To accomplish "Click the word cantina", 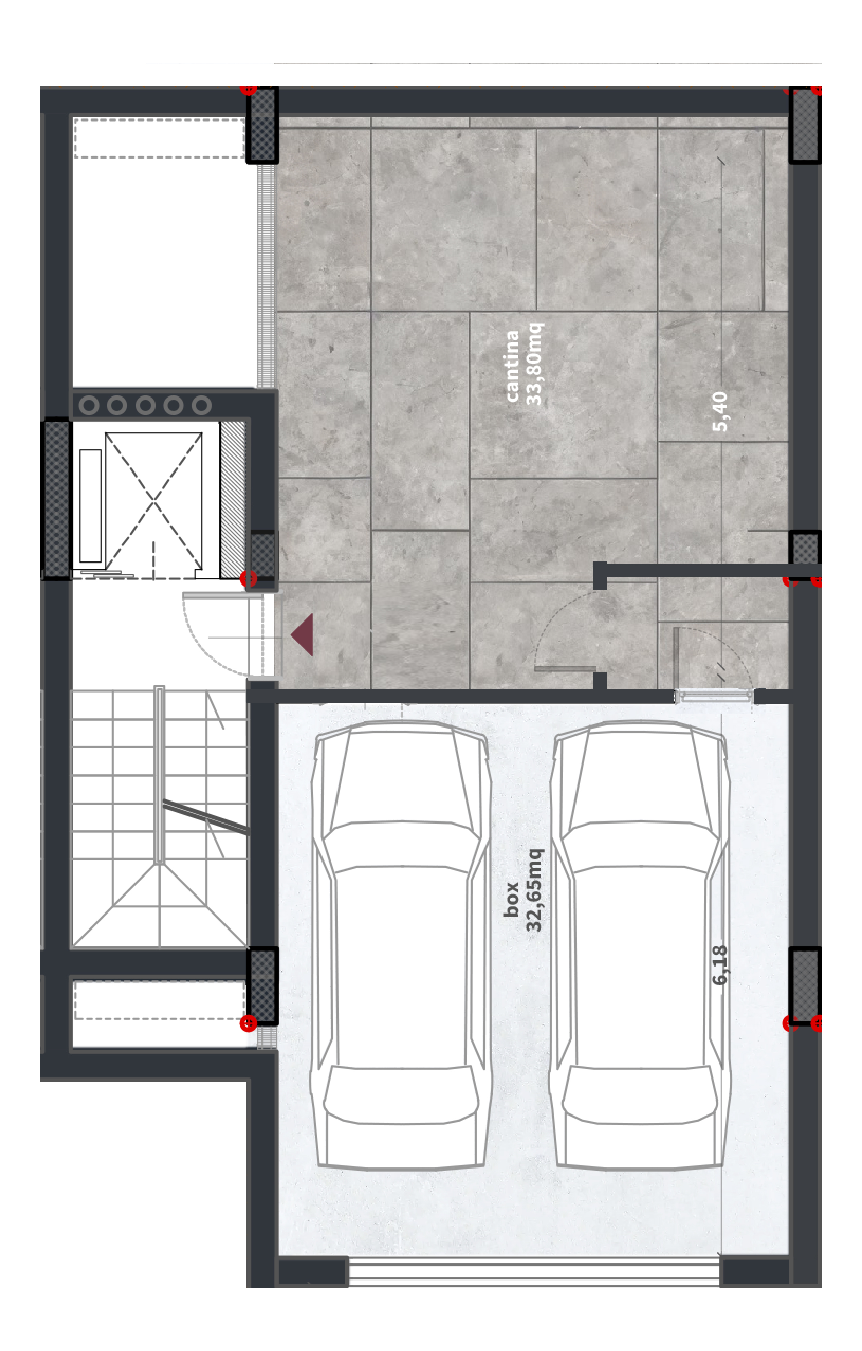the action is [512, 366].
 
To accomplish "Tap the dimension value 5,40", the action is [720, 412].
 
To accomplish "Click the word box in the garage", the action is [511, 899].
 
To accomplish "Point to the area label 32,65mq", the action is [534, 890].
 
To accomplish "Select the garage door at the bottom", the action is [534, 1271].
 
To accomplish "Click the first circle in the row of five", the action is [89, 405].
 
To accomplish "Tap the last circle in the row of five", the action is [201, 405].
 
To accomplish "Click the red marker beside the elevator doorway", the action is [248, 578].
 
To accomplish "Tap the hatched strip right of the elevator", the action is [233, 499].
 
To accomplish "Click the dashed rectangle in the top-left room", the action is [159, 138].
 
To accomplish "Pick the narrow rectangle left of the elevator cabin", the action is [90, 505].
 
